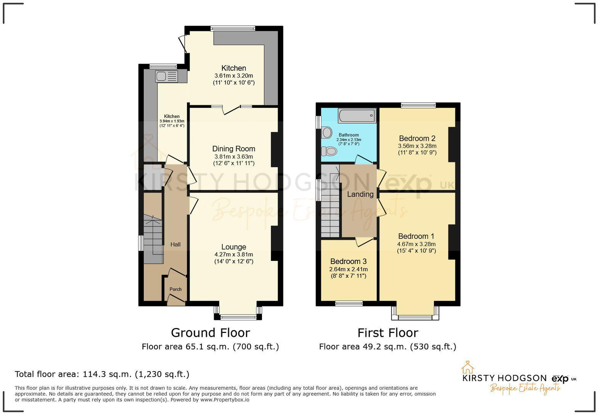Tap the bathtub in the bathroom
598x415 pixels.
[357, 115]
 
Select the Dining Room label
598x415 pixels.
[233, 149]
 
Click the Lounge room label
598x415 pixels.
[233, 247]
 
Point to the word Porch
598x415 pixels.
[175, 289]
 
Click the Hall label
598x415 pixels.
[175, 244]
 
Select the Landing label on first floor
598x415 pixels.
[360, 194]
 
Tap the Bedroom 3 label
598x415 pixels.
[348, 261]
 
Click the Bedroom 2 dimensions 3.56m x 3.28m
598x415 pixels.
[417, 146]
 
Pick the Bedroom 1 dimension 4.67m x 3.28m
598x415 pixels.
[416, 244]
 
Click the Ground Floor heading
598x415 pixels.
[210, 333]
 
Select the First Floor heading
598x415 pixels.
[387, 333]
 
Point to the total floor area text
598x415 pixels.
[102, 374]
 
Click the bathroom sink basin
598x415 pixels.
[327, 132]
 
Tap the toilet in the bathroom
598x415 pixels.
[329, 151]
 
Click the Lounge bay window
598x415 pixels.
[238, 317]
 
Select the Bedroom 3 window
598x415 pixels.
[349, 304]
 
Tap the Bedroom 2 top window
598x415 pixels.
[418, 105]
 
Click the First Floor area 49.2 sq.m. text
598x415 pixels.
[387, 346]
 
